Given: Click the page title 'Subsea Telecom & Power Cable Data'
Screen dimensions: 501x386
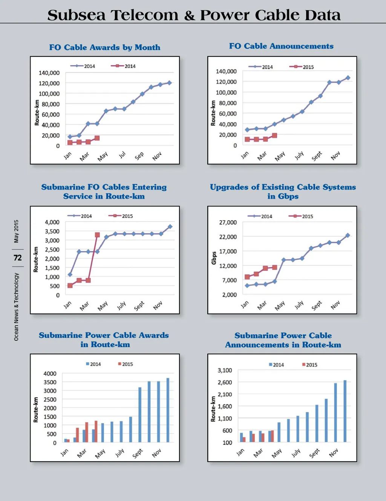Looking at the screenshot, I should (x=194, y=15).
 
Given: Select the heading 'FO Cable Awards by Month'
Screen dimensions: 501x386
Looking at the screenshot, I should (x=105, y=47).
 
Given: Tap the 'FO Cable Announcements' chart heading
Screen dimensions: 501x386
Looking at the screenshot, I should (x=281, y=46).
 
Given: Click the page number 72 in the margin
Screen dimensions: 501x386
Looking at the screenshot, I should (x=18, y=258).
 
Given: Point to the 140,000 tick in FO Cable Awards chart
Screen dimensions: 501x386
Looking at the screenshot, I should (x=49, y=73).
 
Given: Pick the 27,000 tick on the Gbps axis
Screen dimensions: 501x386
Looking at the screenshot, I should (x=228, y=222).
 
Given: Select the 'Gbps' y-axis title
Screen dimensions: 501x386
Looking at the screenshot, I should (x=214, y=258).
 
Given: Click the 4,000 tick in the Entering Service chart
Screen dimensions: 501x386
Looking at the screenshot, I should (x=52, y=222).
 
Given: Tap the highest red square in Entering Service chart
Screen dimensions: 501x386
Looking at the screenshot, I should (x=97, y=235).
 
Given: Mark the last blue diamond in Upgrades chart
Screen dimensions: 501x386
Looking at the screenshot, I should (x=348, y=235).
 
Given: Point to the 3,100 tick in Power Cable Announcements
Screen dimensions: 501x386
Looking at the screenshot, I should (x=225, y=370).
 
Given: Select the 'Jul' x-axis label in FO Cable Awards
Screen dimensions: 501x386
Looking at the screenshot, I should (x=122, y=155).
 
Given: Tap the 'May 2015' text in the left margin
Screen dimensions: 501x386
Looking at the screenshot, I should (x=16, y=231).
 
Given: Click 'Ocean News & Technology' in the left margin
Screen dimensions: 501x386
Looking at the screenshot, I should (x=16, y=307).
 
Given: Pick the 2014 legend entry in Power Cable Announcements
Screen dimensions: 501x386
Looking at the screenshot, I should (x=276, y=365).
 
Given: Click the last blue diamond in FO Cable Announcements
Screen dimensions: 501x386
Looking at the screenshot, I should (x=348, y=78).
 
